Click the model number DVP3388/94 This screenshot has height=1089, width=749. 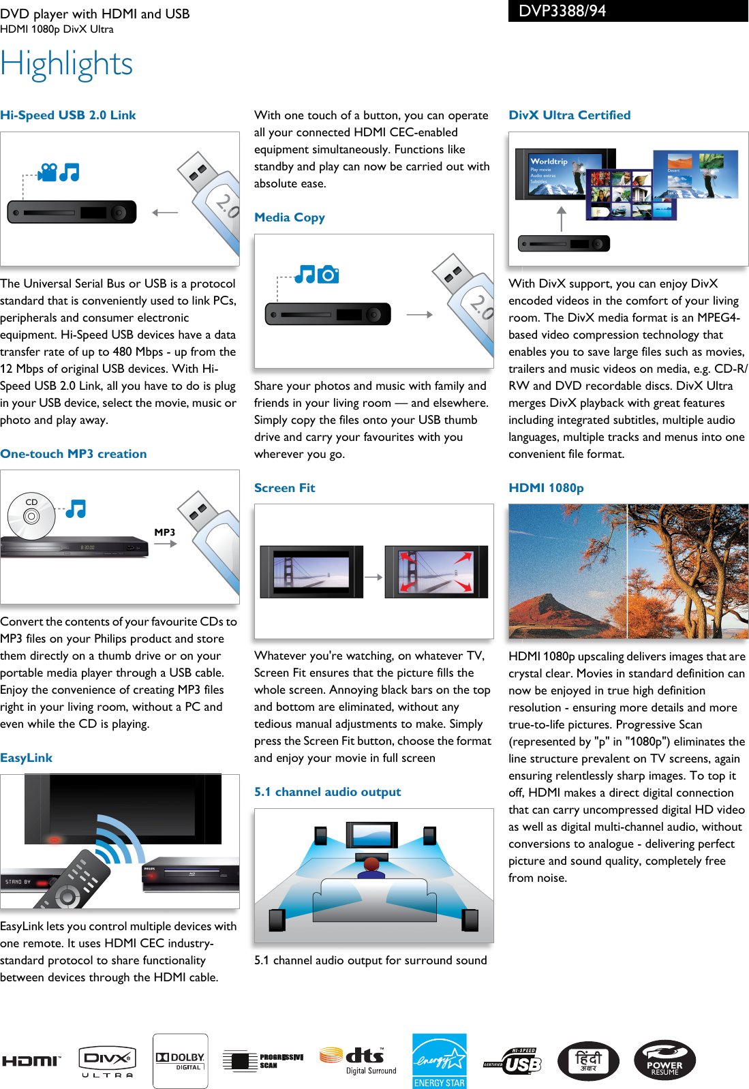[x=562, y=11]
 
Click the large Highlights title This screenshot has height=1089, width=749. [x=67, y=65]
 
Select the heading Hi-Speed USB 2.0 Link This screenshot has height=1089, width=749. [x=68, y=115]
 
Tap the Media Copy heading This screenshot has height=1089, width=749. [x=290, y=217]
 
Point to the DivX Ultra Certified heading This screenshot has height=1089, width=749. [x=569, y=115]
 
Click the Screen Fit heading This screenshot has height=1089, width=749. [x=284, y=488]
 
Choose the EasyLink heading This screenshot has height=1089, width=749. [x=27, y=758]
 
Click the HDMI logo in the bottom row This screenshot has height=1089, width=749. [x=31, y=1061]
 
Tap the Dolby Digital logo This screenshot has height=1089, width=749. [x=180, y=1061]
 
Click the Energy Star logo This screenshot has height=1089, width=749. [x=440, y=1061]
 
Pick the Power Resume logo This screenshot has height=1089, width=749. [x=664, y=1061]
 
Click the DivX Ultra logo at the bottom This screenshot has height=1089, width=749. [x=107, y=1061]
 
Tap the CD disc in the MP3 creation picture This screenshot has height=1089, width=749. [x=31, y=516]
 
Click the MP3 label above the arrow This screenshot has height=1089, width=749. [x=164, y=532]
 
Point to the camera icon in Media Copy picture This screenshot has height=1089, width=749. [x=328, y=275]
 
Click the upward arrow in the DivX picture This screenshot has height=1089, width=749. [x=562, y=219]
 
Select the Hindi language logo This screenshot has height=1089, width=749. [x=588, y=1061]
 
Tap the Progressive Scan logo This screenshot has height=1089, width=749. [x=263, y=1061]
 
